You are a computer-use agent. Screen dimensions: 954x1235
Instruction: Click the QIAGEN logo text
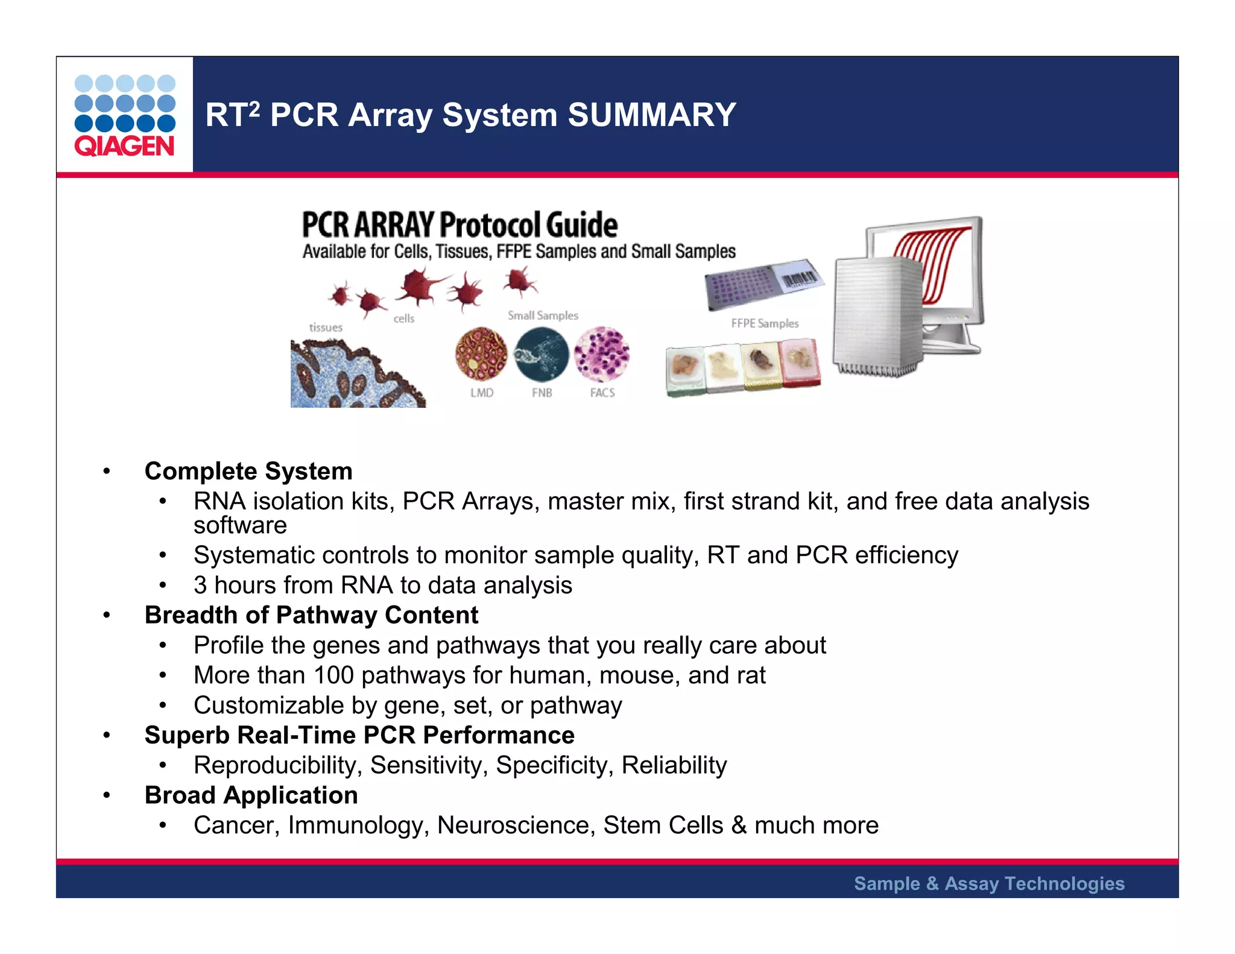tap(124, 147)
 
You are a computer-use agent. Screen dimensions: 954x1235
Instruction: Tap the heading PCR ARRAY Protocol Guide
tap(460, 225)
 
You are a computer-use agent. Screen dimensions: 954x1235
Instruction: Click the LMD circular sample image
tap(481, 354)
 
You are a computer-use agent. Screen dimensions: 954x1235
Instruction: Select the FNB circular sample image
tap(542, 354)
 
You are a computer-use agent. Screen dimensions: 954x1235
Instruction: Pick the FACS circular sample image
tap(601, 354)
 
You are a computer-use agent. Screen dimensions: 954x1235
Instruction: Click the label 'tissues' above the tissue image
tap(326, 327)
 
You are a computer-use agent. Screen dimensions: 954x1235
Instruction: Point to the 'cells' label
tap(404, 318)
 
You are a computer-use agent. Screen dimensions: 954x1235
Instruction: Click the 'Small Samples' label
tap(543, 315)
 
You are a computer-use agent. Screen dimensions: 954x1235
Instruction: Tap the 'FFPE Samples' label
tap(765, 323)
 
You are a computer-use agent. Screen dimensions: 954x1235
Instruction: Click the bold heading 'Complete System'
tap(248, 471)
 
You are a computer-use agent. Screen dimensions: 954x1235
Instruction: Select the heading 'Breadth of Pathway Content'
tap(311, 615)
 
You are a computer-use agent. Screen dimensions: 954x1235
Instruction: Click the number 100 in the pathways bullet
tap(333, 675)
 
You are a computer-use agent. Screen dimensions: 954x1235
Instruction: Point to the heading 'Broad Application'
tap(251, 795)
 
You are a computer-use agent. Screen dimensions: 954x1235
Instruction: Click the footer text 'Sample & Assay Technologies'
tap(989, 883)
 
